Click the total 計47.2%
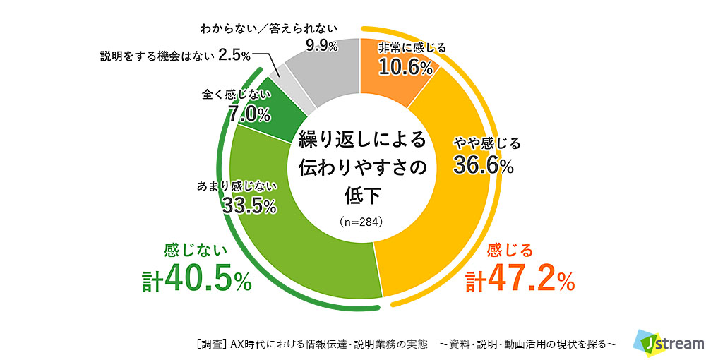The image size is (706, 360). pos(520,280)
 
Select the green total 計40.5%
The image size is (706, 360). pos(196,280)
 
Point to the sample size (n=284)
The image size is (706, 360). pos(361,221)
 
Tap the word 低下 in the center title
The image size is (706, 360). pos(361,193)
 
